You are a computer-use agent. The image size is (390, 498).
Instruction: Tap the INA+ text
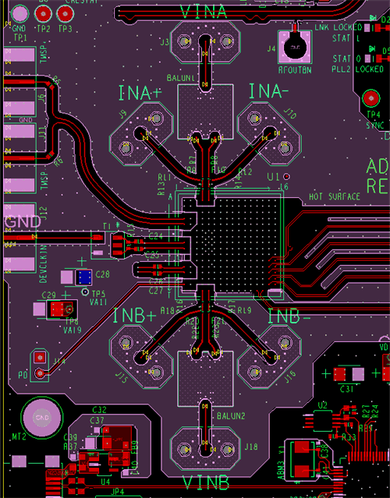(x=141, y=94)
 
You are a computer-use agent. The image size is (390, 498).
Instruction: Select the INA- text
(x=271, y=92)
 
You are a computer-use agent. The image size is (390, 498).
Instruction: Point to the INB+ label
(x=134, y=316)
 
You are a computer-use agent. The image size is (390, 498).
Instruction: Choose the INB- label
(x=289, y=316)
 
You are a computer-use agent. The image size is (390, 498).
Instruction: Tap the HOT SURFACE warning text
(x=335, y=196)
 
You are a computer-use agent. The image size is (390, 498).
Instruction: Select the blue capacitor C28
(x=83, y=277)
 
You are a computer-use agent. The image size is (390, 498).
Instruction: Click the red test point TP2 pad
(x=43, y=13)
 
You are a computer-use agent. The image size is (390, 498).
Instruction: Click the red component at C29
(x=57, y=309)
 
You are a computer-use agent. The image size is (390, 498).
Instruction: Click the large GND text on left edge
(x=22, y=221)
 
